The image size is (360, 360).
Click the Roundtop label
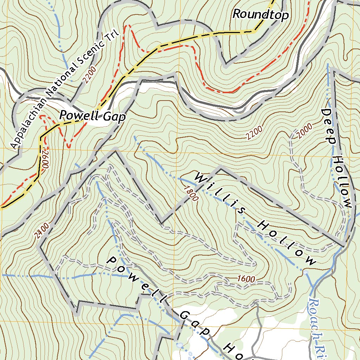[261, 15]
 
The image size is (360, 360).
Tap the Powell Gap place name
[92, 116]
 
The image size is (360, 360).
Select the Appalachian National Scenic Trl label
[65, 91]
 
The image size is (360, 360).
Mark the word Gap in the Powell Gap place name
[114, 117]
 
